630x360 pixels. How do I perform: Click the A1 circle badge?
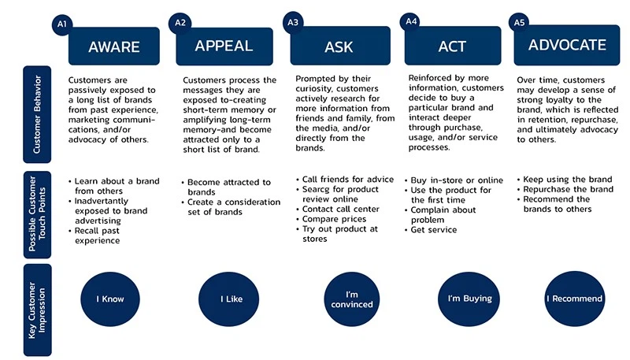(62, 24)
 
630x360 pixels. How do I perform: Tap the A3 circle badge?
(293, 22)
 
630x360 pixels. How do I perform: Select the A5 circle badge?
(519, 23)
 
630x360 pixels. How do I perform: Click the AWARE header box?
(114, 46)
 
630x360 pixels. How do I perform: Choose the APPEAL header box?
(224, 46)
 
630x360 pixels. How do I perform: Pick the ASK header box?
(340, 46)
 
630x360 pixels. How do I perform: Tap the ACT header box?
(453, 46)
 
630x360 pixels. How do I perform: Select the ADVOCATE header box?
(567, 45)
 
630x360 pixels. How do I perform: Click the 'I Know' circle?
(110, 299)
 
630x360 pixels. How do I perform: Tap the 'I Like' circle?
(228, 299)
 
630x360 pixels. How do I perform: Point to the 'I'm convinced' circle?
(352, 299)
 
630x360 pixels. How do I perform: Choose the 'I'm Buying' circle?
(469, 299)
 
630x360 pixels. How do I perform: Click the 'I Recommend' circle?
(575, 299)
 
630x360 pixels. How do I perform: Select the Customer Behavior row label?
(37, 114)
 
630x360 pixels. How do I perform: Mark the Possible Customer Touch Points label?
(37, 214)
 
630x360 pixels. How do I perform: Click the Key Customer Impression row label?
(37, 310)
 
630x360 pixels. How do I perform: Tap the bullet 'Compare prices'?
(334, 219)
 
